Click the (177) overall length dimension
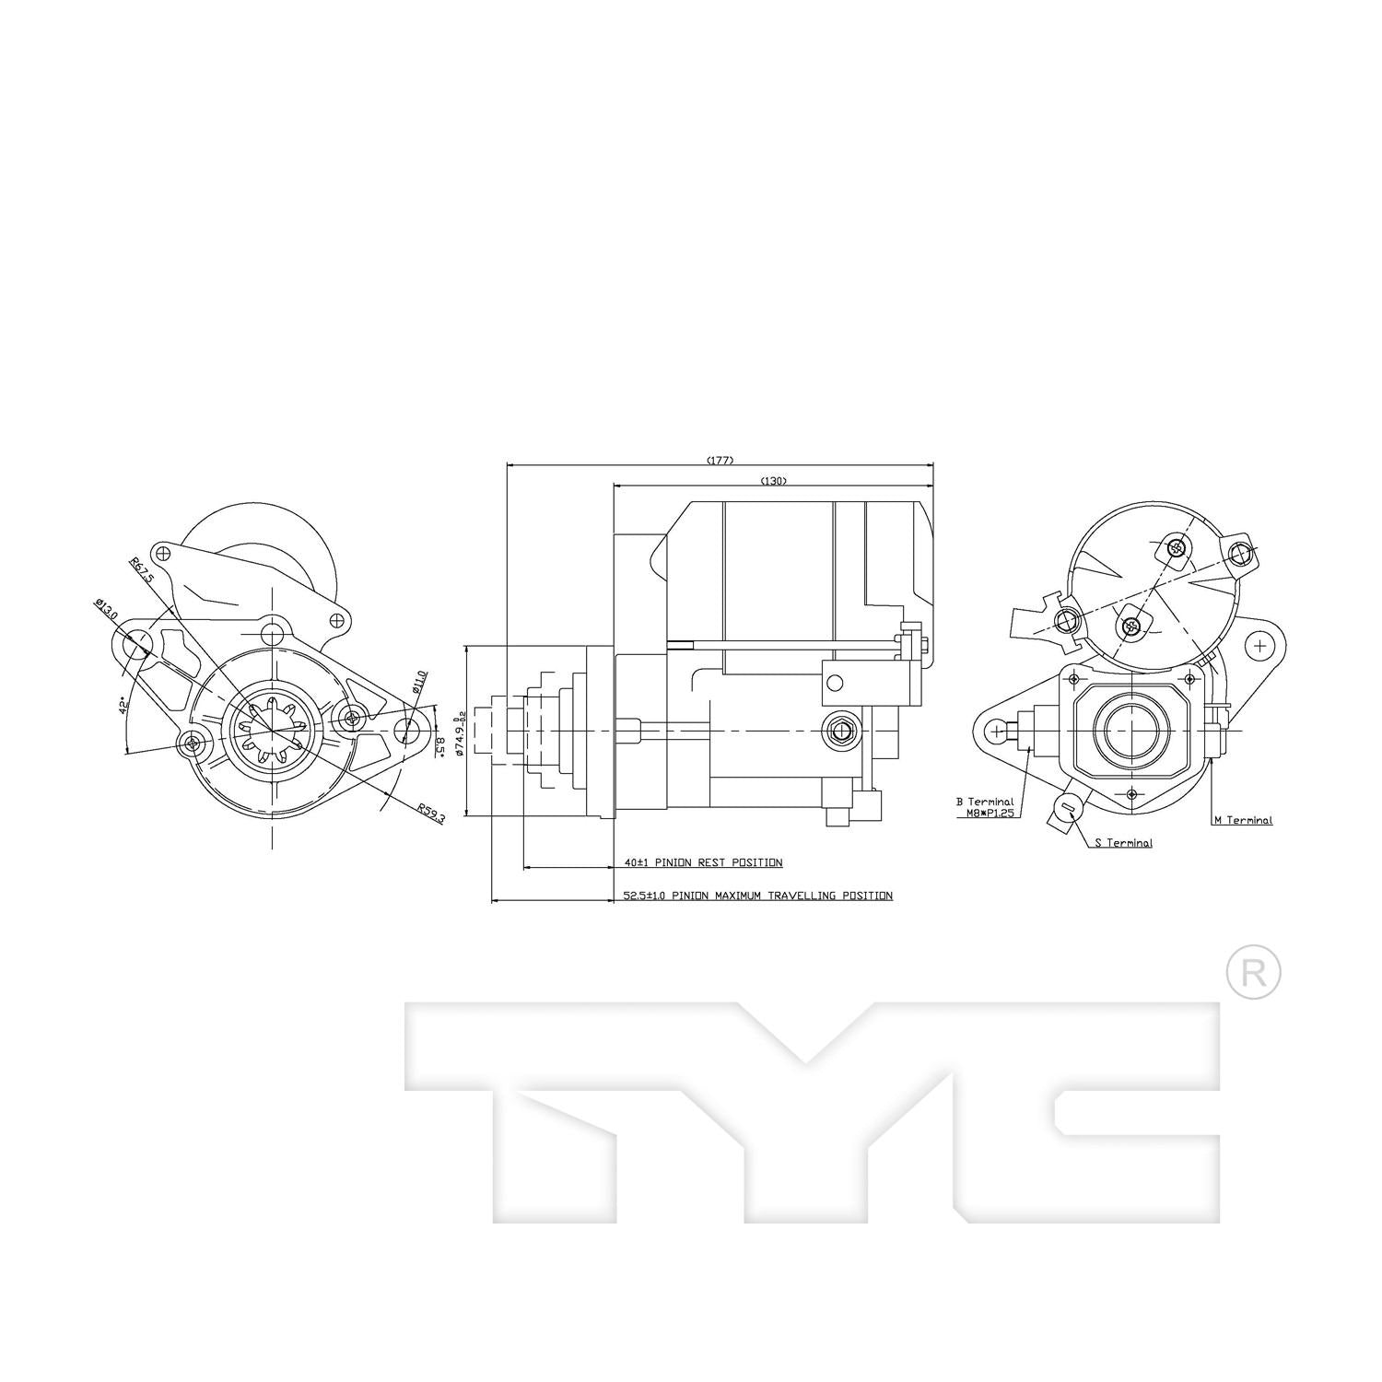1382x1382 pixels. click(720, 460)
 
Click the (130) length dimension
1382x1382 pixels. click(774, 480)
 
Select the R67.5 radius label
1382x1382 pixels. click(140, 570)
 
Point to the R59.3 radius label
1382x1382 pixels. click(430, 813)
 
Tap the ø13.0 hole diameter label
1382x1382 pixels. click(106, 609)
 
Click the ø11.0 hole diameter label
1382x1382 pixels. click(418, 681)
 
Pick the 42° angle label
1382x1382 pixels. click(123, 707)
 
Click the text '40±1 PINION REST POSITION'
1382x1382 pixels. click(703, 863)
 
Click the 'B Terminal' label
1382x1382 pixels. click(985, 802)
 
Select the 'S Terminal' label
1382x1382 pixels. click(1123, 842)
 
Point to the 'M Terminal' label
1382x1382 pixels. click(1243, 820)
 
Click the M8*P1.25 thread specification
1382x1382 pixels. click(985, 814)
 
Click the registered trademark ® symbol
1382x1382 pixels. click(1253, 972)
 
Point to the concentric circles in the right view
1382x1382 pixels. click(1130, 727)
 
